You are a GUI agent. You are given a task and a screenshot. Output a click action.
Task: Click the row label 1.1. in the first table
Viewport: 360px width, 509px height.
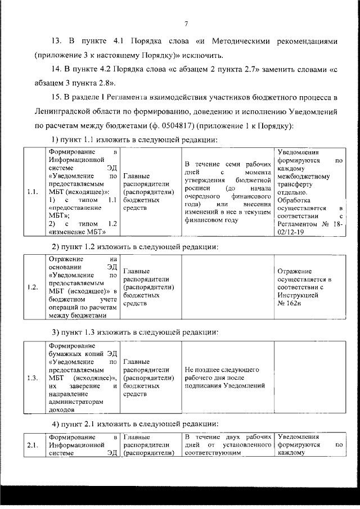click(32, 192)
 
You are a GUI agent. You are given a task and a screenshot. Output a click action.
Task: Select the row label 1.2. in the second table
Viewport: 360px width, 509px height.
click(32, 287)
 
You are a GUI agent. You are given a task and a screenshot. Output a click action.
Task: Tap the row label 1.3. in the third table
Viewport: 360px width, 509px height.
click(32, 378)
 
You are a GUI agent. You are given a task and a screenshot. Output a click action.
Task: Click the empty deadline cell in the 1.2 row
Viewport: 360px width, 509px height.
click(228, 287)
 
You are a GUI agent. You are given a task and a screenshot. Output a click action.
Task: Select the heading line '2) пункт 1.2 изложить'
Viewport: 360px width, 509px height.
click(135, 246)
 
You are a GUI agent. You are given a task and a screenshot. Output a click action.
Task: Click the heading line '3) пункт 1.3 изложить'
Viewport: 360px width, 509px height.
click(135, 335)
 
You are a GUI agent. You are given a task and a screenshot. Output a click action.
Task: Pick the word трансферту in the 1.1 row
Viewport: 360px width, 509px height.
click(297, 184)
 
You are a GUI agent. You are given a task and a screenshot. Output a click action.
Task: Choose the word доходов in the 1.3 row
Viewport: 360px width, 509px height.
click(62, 411)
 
